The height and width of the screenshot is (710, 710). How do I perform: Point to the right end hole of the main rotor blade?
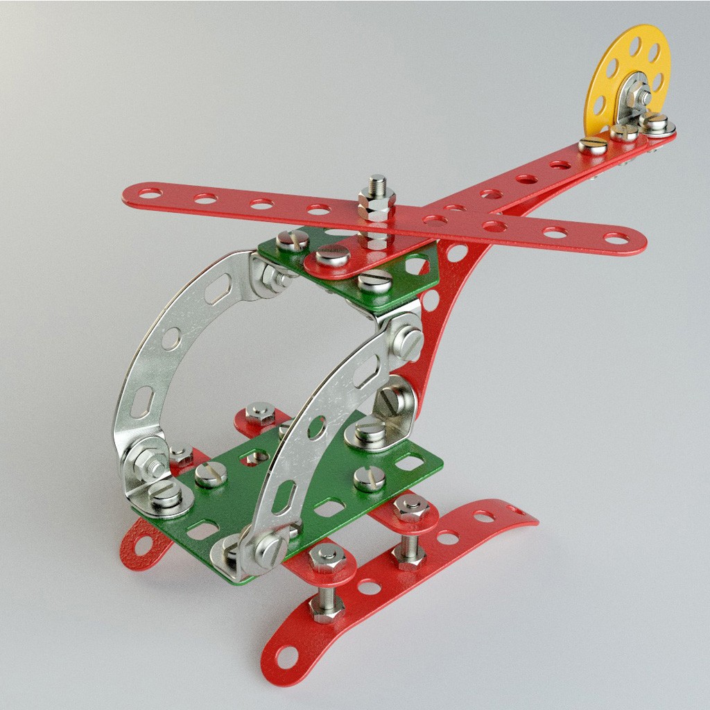click(x=616, y=239)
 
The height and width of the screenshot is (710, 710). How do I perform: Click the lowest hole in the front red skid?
click(x=286, y=655)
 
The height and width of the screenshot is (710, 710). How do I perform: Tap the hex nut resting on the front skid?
click(x=327, y=607)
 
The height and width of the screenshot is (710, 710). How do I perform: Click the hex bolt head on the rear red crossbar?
click(x=261, y=413)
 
